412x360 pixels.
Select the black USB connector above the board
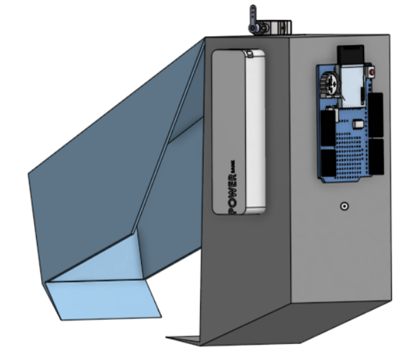tap(351, 55)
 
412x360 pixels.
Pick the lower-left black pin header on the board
tap(327, 161)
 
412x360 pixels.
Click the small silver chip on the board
tap(358, 124)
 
